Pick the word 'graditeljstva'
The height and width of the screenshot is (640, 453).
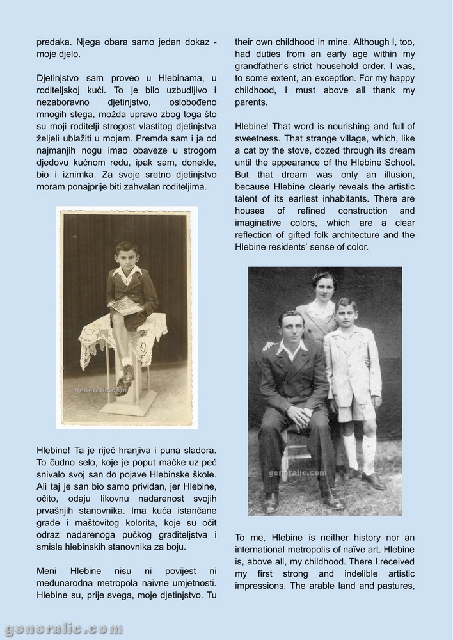(x=174, y=534)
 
